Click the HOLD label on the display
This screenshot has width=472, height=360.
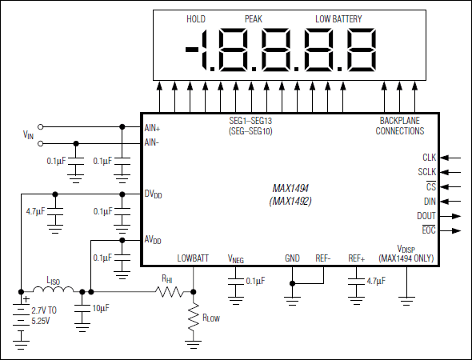(196, 18)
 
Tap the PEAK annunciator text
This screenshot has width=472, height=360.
(254, 18)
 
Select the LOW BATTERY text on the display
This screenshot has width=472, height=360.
(338, 18)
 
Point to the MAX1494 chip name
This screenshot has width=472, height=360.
(290, 188)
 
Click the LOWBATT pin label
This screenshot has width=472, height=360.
(193, 258)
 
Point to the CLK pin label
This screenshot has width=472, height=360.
(429, 158)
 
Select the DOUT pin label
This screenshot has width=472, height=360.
(426, 216)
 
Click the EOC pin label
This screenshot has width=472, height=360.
(428, 230)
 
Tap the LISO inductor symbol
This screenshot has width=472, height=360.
(54, 291)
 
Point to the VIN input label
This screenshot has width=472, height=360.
(29, 135)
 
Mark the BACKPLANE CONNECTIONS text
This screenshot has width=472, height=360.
(400, 126)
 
